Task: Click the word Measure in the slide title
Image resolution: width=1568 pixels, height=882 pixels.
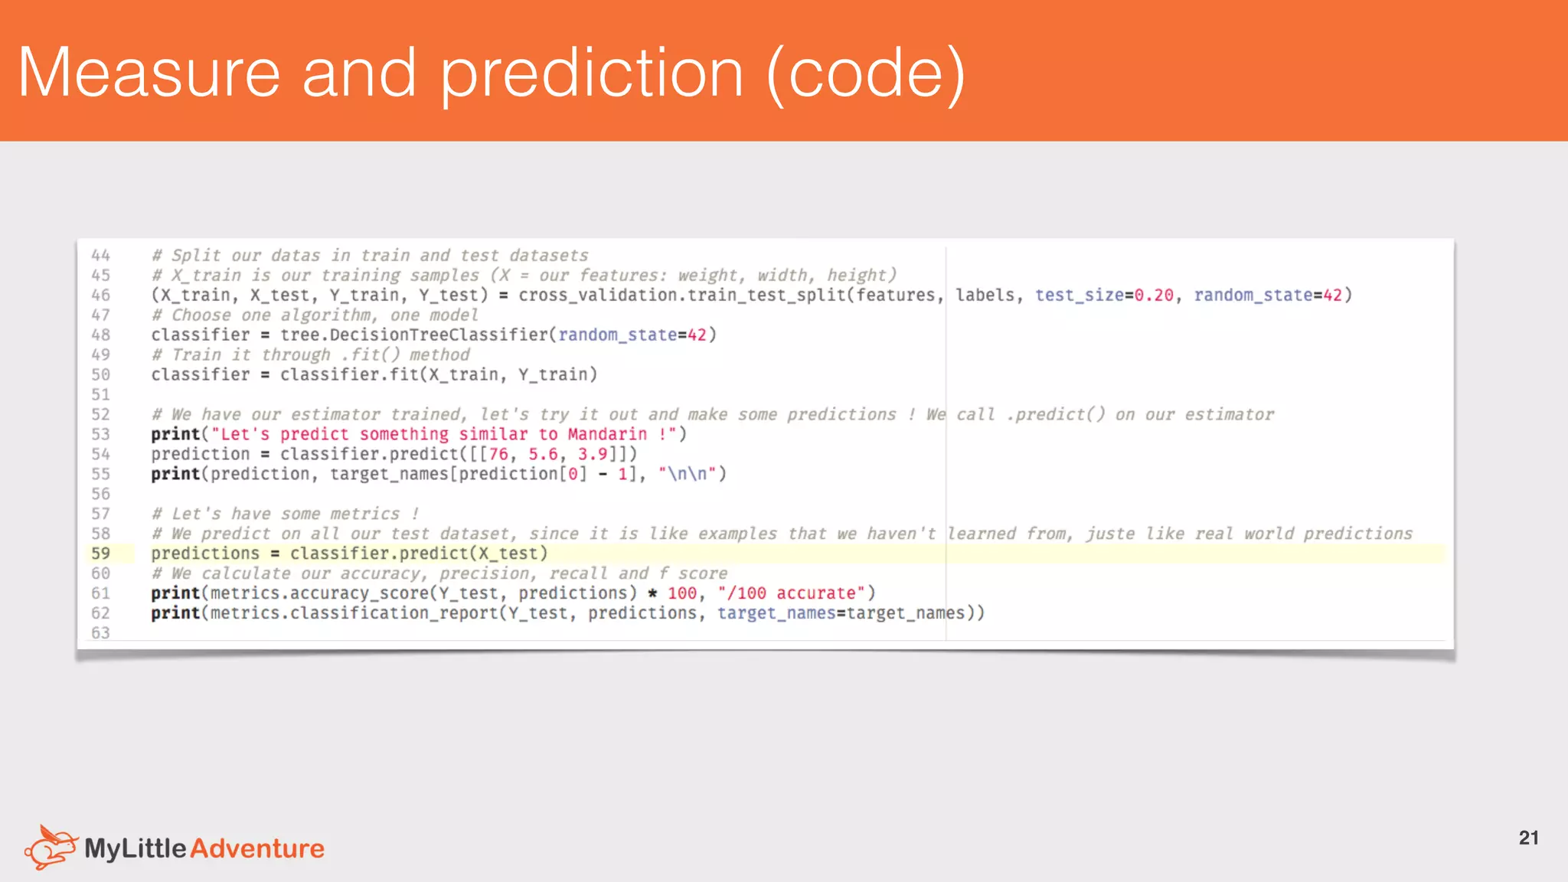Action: click(x=149, y=73)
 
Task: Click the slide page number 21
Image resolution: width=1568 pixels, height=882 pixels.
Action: click(x=1528, y=838)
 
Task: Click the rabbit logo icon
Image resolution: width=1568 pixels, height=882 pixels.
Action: click(x=51, y=847)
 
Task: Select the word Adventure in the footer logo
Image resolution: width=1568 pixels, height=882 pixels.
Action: click(x=257, y=848)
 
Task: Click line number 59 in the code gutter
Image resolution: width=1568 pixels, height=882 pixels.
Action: click(x=100, y=554)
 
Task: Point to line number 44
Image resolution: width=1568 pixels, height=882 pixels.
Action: click(x=100, y=255)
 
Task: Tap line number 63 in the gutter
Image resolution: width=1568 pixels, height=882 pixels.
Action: click(x=100, y=633)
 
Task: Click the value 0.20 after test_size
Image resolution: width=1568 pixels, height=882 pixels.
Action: click(x=1154, y=295)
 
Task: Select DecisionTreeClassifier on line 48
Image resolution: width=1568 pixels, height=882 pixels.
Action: click(x=439, y=335)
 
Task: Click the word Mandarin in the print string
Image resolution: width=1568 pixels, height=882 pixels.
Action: click(x=607, y=434)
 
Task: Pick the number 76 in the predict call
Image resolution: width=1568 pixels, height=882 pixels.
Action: click(x=498, y=454)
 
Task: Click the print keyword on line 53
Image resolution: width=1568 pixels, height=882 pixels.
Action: click(x=175, y=434)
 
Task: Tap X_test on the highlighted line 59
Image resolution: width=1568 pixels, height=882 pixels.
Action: click(x=508, y=554)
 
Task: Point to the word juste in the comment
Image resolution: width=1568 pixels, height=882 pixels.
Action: click(x=1110, y=534)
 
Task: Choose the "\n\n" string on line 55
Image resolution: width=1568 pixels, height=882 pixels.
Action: click(x=688, y=474)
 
